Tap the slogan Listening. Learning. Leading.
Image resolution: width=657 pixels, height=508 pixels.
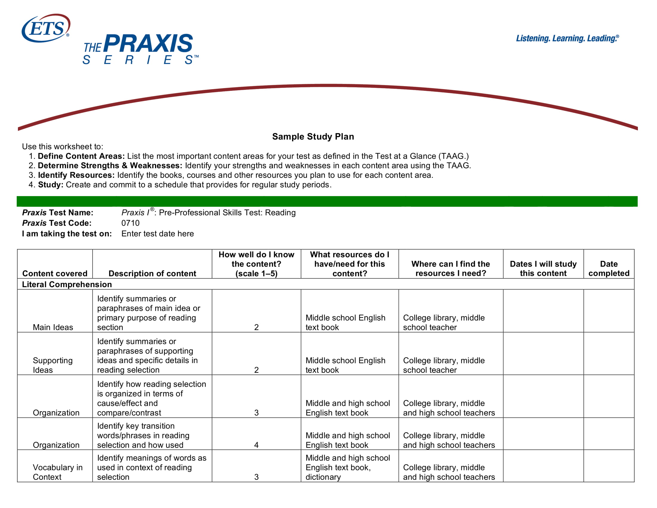coord(567,39)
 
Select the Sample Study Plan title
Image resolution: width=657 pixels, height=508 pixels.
coord(313,137)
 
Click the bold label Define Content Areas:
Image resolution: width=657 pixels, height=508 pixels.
coord(81,156)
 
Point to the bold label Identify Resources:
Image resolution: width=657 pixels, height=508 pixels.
coord(76,175)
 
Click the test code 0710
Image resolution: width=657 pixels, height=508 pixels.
coord(130,223)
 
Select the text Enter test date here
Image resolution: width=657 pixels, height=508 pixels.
coord(157,234)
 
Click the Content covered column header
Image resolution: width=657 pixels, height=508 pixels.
coord(55,273)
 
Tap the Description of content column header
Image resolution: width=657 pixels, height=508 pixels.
coord(152,273)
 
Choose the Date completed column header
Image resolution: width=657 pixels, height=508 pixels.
coord(609,268)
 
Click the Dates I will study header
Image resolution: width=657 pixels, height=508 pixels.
coord(543,268)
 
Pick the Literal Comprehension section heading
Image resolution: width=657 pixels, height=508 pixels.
coord(67,284)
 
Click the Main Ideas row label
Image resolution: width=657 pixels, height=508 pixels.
coord(53,327)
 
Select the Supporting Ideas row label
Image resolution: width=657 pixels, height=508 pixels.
coord(53,365)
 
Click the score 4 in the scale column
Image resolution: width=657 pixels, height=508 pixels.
coord(256,445)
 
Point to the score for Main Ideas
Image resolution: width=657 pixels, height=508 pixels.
coord(256,327)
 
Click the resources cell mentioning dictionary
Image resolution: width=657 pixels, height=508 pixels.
coord(348,467)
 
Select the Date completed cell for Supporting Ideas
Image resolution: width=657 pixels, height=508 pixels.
coord(609,354)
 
